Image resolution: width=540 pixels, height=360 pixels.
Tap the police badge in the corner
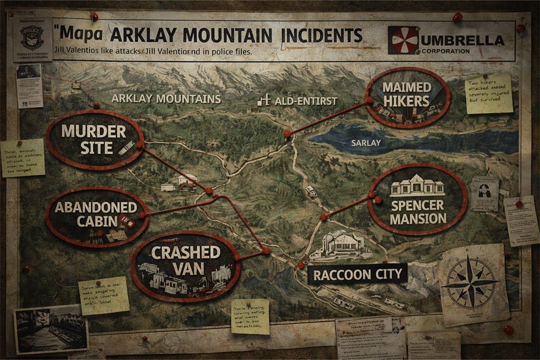point(32,38)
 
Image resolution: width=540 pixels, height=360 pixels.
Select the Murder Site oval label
point(94,139)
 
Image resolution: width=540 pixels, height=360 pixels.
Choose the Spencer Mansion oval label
point(418,199)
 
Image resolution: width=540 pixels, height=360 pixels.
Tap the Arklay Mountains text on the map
point(166,99)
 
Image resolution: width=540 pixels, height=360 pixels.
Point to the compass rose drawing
point(471,283)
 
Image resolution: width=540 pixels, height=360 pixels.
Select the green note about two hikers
point(488,92)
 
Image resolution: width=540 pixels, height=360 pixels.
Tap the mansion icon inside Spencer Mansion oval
point(418,186)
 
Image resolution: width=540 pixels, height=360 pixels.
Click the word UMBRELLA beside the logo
point(462,40)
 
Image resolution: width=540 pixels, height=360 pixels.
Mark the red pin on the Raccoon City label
point(301,265)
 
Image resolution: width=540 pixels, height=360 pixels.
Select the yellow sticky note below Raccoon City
point(250,316)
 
